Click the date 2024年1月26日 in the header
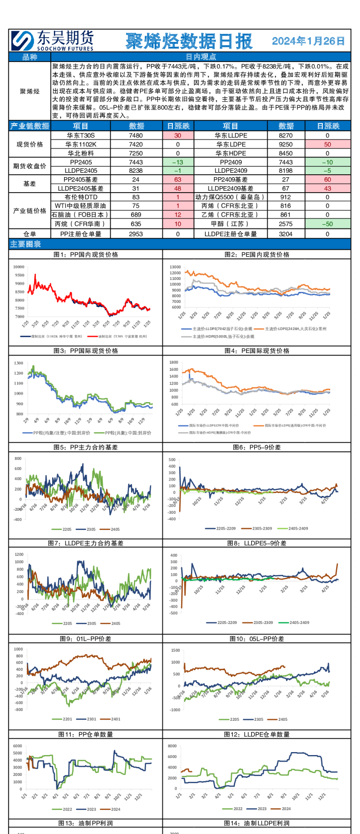click(x=308, y=41)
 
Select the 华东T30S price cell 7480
click(x=136, y=135)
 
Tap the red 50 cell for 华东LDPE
click(x=327, y=144)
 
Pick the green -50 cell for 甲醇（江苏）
click(x=327, y=224)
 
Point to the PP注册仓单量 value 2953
click(x=136, y=234)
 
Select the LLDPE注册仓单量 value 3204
click(x=286, y=234)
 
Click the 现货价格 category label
click(x=30, y=144)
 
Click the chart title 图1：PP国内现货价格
click(x=85, y=254)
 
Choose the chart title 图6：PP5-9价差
click(x=257, y=447)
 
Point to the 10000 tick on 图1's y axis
click(x=19, y=267)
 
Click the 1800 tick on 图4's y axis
click(x=173, y=362)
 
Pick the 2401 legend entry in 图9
click(x=116, y=719)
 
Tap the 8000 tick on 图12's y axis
click(x=172, y=746)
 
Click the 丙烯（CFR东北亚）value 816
click(x=286, y=206)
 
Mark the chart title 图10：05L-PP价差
click(x=257, y=638)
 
